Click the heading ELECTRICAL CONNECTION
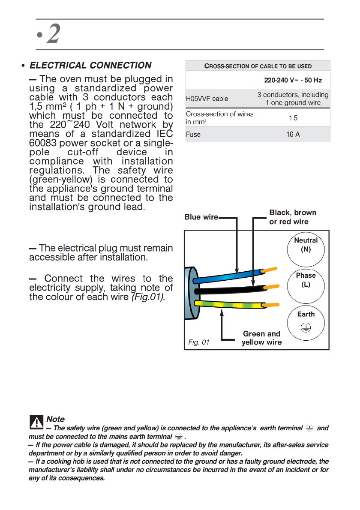click(90, 66)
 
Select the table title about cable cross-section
click(258, 66)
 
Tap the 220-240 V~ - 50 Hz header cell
click(293, 80)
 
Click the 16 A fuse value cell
click(293, 134)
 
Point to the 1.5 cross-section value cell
click(293, 117)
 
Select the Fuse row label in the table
click(193, 134)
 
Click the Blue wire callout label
click(201, 217)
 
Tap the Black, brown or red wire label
click(292, 217)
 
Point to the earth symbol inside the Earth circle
click(306, 327)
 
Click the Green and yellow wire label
click(261, 338)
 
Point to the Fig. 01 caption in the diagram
click(199, 342)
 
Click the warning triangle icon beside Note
click(37, 422)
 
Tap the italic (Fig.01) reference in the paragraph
click(148, 297)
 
